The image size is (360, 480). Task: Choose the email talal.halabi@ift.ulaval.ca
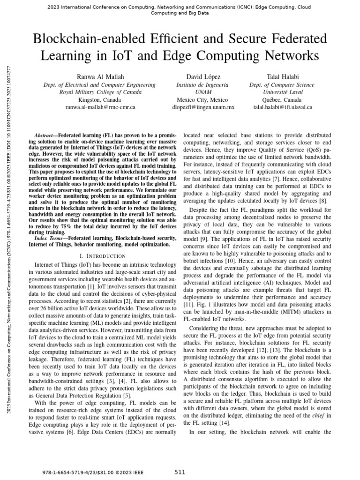[283, 107]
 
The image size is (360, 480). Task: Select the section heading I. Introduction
[103, 255]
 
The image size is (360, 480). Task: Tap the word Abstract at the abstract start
[45, 135]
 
